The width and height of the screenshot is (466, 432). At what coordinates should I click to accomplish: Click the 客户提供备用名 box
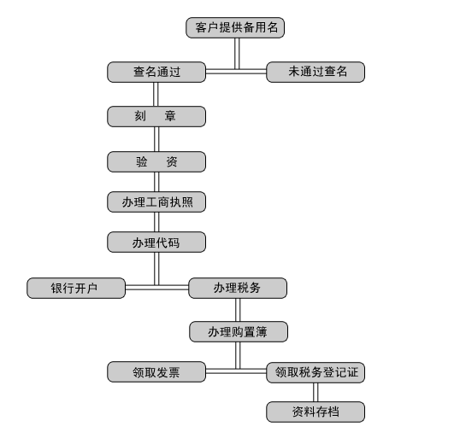click(x=235, y=27)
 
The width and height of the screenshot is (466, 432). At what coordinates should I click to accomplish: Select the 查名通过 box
click(x=156, y=72)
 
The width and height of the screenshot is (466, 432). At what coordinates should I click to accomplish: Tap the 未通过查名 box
click(x=316, y=72)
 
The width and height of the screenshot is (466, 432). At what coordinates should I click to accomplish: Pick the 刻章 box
click(x=156, y=117)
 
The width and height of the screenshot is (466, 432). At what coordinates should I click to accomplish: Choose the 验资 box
click(x=156, y=161)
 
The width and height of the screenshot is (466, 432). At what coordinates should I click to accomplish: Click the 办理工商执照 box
click(x=156, y=202)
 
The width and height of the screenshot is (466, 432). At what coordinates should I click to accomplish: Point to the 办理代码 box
click(x=156, y=242)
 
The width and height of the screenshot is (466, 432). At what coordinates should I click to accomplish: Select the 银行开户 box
click(x=76, y=288)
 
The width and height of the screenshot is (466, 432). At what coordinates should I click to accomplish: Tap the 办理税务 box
click(x=238, y=288)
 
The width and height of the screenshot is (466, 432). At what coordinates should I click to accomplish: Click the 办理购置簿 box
click(x=239, y=332)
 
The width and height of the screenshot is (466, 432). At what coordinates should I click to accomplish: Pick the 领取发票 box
click(x=156, y=371)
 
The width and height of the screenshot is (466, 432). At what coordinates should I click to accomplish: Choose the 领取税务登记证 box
click(x=316, y=372)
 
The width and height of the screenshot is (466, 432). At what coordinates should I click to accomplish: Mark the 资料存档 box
click(x=316, y=412)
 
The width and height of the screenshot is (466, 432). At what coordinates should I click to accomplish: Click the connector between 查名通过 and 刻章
click(x=156, y=95)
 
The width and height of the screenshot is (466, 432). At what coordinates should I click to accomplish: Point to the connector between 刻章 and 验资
click(x=156, y=139)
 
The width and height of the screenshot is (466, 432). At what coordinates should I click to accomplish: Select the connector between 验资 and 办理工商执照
click(x=156, y=182)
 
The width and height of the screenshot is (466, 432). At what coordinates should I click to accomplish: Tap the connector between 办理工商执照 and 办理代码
click(x=156, y=222)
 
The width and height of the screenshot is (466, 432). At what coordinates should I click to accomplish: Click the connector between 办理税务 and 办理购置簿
click(x=238, y=310)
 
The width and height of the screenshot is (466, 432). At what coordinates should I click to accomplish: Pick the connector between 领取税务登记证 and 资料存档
click(x=316, y=392)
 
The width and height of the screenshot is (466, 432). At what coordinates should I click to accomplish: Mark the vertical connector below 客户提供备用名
click(x=237, y=54)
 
